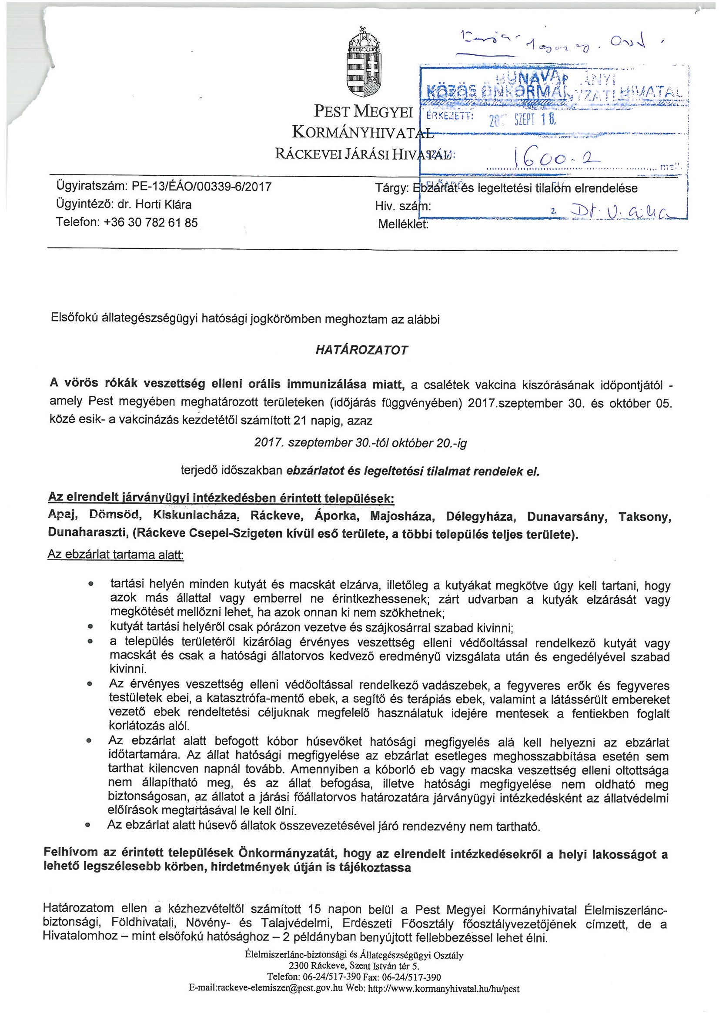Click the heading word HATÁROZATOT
361,350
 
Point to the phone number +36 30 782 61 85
150,222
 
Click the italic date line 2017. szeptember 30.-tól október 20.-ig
361,443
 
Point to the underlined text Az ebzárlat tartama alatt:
116,555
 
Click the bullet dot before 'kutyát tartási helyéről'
90,628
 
